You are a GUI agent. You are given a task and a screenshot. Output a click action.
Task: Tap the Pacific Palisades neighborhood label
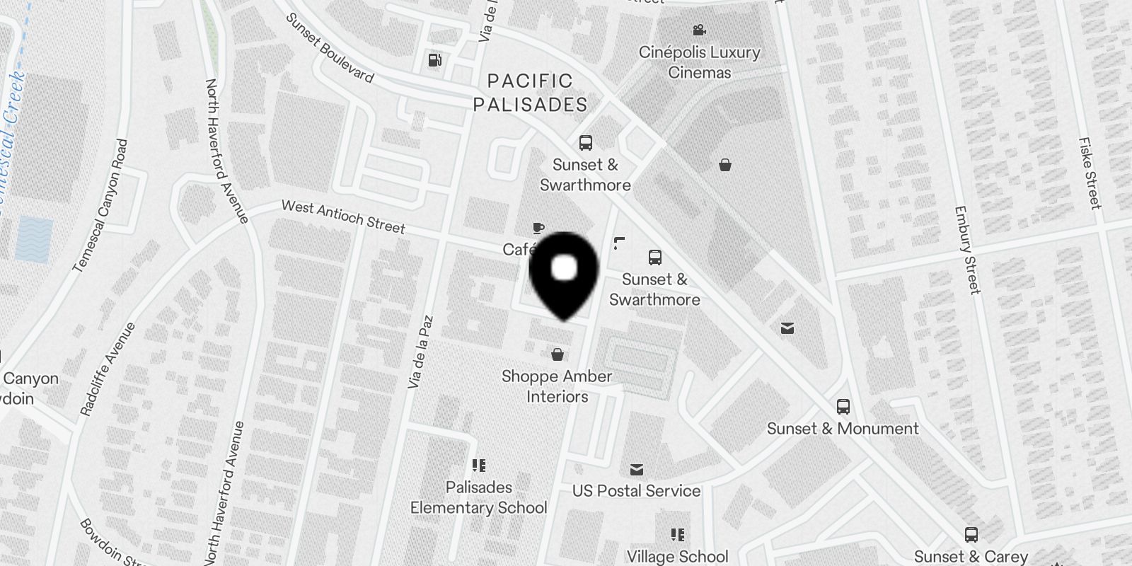point(531,93)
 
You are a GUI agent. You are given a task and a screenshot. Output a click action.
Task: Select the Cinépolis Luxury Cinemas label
point(699,62)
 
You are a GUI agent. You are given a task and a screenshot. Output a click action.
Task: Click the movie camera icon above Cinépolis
point(699,30)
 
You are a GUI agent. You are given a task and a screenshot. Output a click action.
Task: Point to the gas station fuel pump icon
point(435,60)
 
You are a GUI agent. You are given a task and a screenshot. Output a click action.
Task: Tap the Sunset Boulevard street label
point(329,47)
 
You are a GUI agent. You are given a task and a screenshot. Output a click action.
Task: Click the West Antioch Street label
point(343,216)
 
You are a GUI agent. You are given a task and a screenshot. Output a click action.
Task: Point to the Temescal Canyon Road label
point(101,205)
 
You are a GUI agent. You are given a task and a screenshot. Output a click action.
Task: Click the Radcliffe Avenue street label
point(108,369)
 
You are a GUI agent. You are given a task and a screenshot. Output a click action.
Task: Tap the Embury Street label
point(967,249)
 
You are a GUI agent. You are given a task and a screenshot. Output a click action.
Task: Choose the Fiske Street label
point(1090,173)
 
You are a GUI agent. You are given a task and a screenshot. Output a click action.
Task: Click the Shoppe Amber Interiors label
point(557,386)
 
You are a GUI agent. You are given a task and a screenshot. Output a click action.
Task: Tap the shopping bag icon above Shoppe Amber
point(558,354)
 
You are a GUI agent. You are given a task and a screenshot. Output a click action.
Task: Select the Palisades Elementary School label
point(479,497)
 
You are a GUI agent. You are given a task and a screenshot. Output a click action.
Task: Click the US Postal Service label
point(636,490)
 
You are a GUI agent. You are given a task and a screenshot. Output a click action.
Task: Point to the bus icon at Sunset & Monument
point(843,407)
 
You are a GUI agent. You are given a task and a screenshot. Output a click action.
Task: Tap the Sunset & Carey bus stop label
point(971,556)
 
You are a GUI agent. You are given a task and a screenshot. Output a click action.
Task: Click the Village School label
point(677,556)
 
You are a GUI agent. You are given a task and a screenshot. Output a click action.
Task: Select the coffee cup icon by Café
point(538,228)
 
